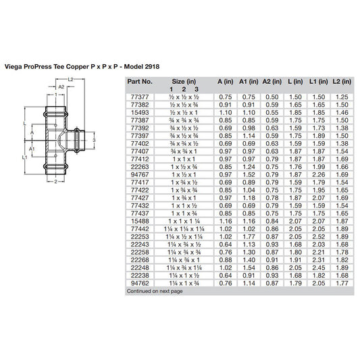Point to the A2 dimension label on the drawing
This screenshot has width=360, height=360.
tap(60, 87)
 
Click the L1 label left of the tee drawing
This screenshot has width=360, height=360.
tap(24, 157)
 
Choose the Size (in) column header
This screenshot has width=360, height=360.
tap(180, 81)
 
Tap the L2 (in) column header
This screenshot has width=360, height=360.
tap(342, 81)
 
